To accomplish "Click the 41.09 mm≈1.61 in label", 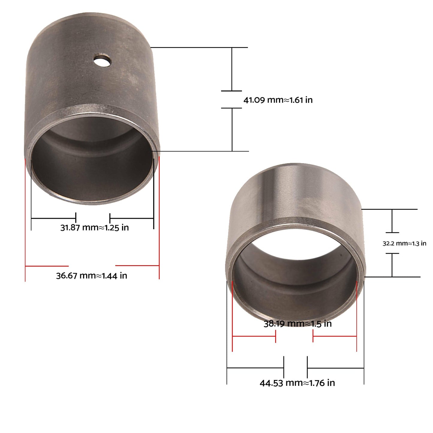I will pyautogui.click(x=278, y=100).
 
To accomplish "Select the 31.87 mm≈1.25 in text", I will pyautogui.click(x=94, y=227).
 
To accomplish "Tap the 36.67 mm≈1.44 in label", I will pyautogui.click(x=91, y=275).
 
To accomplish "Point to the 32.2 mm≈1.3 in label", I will pyautogui.click(x=404, y=243).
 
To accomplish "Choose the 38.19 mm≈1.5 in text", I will pyautogui.click(x=298, y=324).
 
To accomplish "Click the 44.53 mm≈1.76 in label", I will pyautogui.click(x=297, y=383).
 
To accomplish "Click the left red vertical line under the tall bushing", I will pyautogui.click(x=25, y=222).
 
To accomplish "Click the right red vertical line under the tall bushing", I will pyautogui.click(x=159, y=222).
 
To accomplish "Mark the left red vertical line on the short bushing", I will pyautogui.click(x=232, y=318).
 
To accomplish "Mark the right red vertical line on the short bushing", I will pyautogui.click(x=357, y=318).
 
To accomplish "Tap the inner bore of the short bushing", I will pyautogui.click(x=295, y=285).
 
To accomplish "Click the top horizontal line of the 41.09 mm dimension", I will pyautogui.click(x=199, y=47).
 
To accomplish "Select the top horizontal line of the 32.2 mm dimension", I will pyautogui.click(x=390, y=209).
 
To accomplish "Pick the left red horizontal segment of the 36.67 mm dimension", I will pyautogui.click(x=47, y=266).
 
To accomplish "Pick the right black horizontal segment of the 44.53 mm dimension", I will pyautogui.click(x=336, y=368).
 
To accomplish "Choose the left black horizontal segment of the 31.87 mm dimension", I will pyautogui.click(x=53, y=218).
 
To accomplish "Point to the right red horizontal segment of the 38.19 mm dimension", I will pyautogui.click(x=335, y=336).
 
